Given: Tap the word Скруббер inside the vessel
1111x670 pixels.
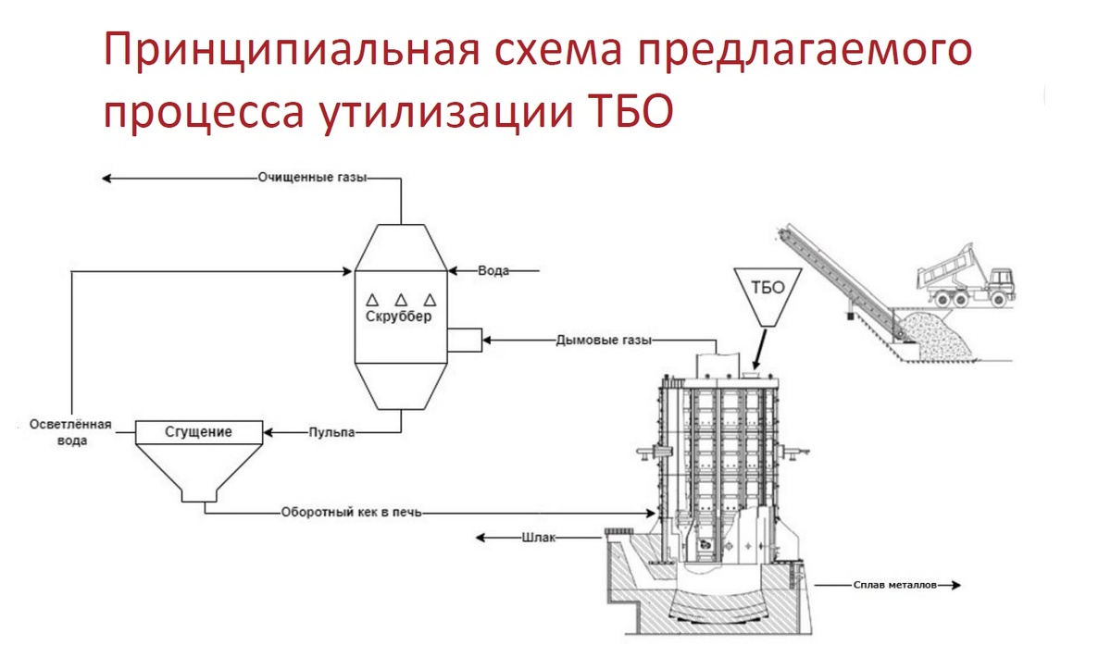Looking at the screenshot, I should pos(399,316).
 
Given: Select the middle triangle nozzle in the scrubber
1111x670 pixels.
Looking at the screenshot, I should pos(401,299).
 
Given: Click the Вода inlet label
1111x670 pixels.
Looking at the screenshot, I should pos(493,271).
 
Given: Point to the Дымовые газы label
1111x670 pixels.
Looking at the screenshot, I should pos(605,341).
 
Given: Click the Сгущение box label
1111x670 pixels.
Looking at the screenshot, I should pos(198,431).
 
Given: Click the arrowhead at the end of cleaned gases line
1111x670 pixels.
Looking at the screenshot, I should pos(106,176).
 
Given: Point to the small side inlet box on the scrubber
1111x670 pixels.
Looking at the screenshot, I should pos(465,341).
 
